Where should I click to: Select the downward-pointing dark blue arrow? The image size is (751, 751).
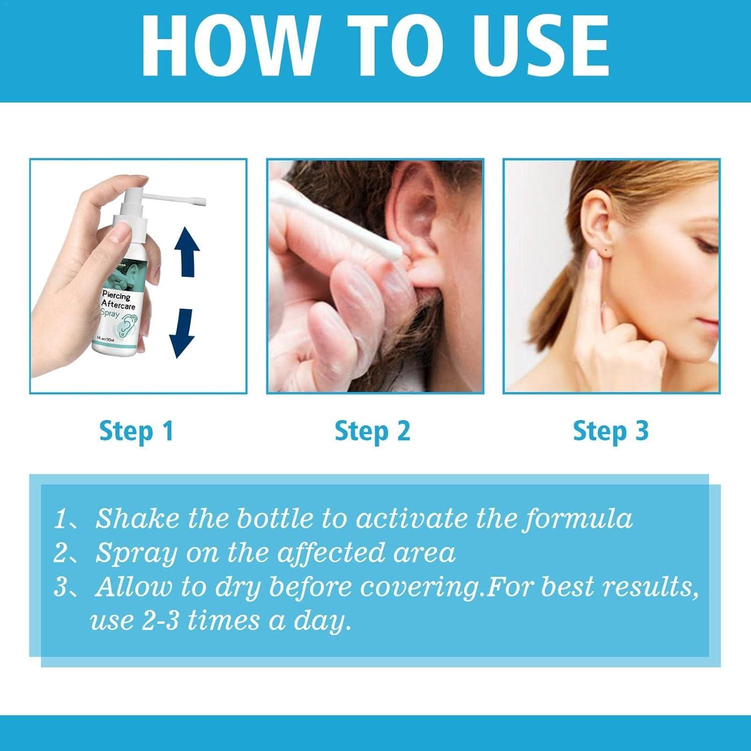(181, 332)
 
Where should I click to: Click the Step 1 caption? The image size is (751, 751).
(136, 431)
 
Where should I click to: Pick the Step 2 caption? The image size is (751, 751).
(372, 431)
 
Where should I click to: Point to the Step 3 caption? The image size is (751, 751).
(610, 431)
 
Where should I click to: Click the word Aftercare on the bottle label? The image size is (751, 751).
(118, 304)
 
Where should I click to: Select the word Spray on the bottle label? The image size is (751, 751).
(110, 314)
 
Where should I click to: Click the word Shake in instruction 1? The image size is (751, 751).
(137, 518)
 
